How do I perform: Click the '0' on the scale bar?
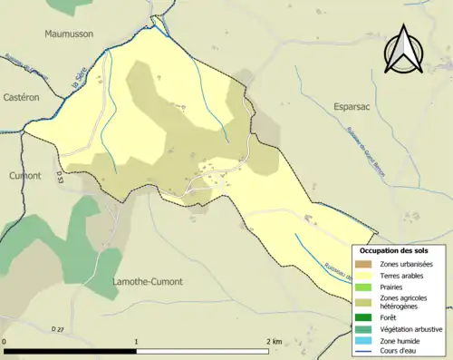pyautogui.click(x=5, y=342)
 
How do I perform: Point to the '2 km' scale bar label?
pyautogui.click(x=275, y=342)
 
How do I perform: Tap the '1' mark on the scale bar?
pyautogui.click(x=137, y=342)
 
